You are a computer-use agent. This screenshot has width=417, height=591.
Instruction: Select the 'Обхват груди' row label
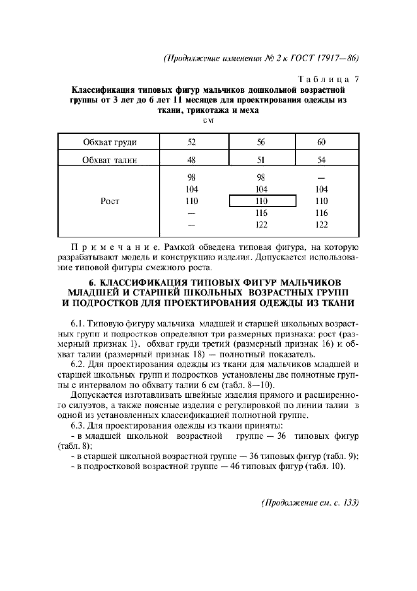click(110, 141)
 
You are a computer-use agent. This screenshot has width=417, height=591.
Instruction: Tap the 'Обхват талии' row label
click(110, 159)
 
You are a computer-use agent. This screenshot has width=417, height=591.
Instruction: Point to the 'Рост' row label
click(110, 201)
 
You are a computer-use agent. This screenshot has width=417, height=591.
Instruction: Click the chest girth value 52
click(192, 141)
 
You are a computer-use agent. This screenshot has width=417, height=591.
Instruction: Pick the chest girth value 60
click(322, 141)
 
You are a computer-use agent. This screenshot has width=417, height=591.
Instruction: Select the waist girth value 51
click(261, 159)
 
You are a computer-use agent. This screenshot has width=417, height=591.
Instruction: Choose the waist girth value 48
click(192, 159)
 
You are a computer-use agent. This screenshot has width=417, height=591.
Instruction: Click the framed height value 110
click(261, 201)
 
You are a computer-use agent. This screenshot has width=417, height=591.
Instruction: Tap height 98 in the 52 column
click(192, 177)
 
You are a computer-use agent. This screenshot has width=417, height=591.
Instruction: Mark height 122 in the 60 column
click(322, 225)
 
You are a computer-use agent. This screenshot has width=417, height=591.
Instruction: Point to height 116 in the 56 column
click(261, 213)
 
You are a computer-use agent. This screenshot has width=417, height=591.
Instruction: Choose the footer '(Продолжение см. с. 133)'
click(309, 503)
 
